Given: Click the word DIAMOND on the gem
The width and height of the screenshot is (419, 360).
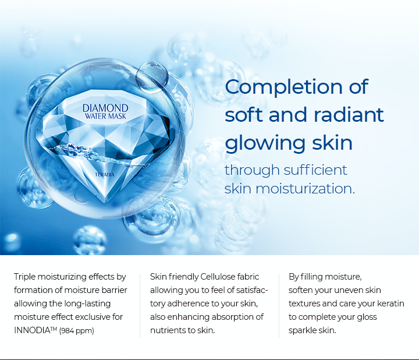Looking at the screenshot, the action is pos(105,108).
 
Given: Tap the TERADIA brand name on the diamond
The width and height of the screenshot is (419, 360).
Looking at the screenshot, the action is pos(105,175).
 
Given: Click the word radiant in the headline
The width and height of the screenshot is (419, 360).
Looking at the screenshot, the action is pos(349,115).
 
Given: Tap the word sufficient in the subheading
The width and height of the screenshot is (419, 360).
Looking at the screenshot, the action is pos(315,170).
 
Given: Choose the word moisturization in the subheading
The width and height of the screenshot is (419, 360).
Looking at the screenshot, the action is pos(305,189).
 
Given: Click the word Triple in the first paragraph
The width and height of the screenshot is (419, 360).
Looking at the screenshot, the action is pos(24,277).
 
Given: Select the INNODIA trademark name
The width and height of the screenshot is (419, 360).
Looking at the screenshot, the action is pos(32,330).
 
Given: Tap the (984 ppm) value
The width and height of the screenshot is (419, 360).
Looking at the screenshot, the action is pos(77,331).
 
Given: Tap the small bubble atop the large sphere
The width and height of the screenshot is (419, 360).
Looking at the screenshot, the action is pos(152,77).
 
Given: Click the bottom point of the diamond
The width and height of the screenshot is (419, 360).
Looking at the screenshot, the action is pos(105,203).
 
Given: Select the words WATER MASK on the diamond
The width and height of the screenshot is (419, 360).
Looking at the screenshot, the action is pos(105,117).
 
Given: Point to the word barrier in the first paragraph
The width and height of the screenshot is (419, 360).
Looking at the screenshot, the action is pos(114,290).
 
